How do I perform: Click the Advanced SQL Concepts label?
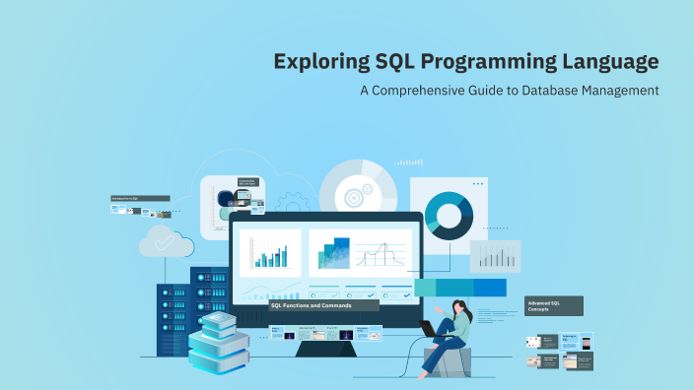tap(553, 305)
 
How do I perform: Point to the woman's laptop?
tap(431, 328)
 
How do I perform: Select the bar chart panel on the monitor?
tap(269, 253)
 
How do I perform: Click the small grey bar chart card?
tap(494, 256)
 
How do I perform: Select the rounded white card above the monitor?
tap(233, 206)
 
